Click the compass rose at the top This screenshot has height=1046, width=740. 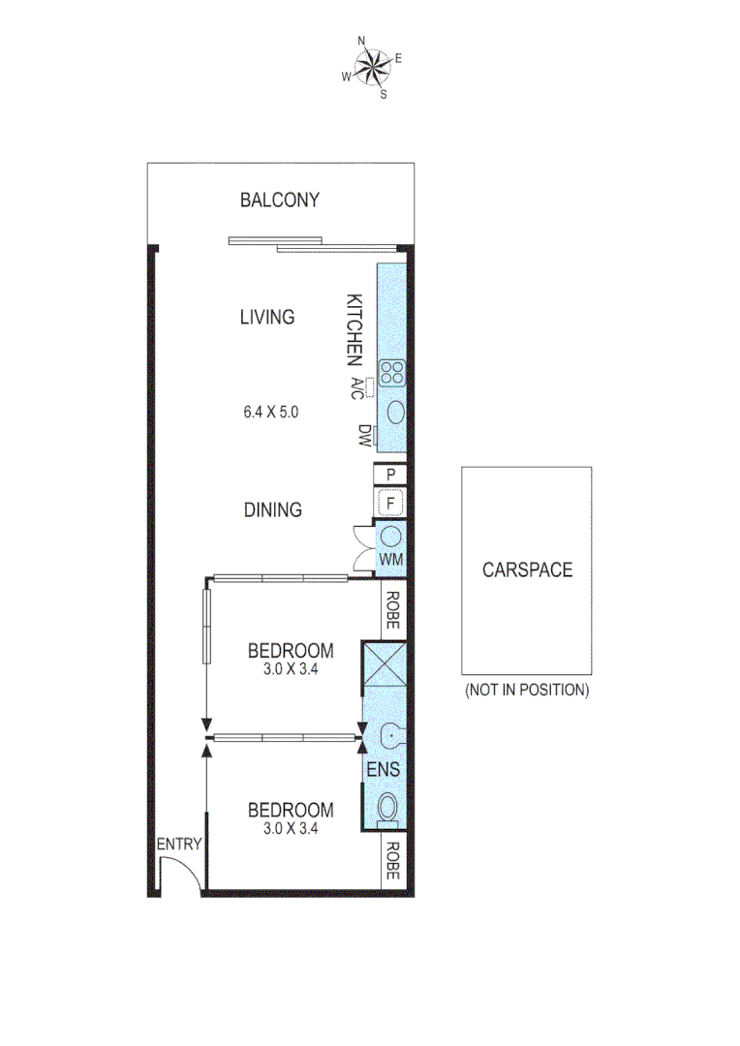[371, 67]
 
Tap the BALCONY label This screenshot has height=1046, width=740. [280, 200]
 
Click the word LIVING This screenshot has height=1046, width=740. [267, 317]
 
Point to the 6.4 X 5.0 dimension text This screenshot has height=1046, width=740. [271, 412]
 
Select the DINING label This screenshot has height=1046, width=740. [273, 509]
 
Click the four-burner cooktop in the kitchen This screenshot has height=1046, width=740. [392, 373]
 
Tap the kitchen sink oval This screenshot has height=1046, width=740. [396, 412]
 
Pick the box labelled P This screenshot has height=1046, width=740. [391, 475]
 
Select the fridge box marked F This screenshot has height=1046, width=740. [391, 504]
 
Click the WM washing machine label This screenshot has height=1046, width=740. [391, 560]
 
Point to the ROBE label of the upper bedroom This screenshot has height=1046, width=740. [392, 611]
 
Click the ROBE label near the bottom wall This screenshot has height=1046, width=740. [392, 861]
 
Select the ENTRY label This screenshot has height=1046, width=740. [179, 844]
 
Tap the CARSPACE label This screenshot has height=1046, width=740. [527, 569]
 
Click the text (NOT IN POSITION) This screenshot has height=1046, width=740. [527, 691]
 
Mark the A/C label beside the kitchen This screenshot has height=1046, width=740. [356, 388]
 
